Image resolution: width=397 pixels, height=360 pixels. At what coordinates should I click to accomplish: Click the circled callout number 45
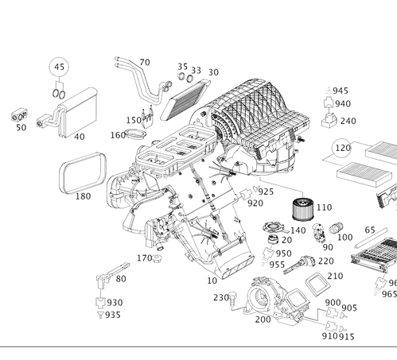[59, 68]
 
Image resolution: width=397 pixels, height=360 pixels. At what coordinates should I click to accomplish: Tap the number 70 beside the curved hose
[144, 62]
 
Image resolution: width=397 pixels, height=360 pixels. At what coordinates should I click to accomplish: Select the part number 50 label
[21, 127]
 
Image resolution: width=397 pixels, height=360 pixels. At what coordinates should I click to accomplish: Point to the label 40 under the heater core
[79, 137]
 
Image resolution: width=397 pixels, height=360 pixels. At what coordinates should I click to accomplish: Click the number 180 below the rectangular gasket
[83, 196]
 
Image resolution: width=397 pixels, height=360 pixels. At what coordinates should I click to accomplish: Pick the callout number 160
[117, 135]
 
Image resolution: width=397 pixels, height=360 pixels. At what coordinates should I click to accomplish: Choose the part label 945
[341, 91]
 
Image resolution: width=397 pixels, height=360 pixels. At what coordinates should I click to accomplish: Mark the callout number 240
[348, 121]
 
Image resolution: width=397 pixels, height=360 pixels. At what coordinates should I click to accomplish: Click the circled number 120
[342, 148]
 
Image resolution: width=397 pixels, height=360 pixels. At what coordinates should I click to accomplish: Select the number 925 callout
[265, 192]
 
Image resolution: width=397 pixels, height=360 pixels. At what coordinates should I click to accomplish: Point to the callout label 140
[298, 230]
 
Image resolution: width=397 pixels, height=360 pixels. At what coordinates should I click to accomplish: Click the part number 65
[370, 230]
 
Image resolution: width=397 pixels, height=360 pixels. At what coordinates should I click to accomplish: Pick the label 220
[326, 261]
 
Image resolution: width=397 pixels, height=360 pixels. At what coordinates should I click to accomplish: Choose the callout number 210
[335, 276]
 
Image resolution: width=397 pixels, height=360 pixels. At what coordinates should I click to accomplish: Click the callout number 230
[220, 297]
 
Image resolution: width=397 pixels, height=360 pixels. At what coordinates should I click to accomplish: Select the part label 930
[114, 303]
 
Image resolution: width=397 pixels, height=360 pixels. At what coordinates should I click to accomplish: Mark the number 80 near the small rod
[121, 279]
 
